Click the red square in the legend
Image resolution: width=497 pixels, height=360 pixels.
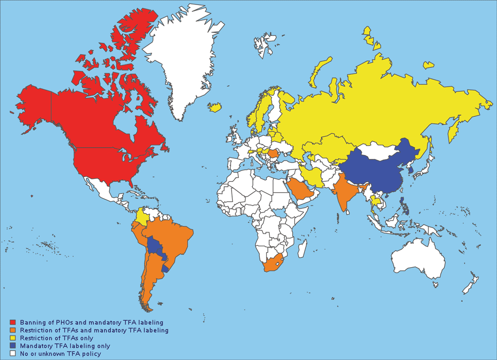click(x=12, y=323)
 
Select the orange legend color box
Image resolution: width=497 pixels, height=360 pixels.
click(x=12, y=330)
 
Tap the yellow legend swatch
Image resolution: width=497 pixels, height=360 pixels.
click(x=12, y=338)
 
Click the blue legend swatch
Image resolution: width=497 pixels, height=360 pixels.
click(x=12, y=346)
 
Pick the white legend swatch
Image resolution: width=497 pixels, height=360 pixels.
click(x=12, y=354)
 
